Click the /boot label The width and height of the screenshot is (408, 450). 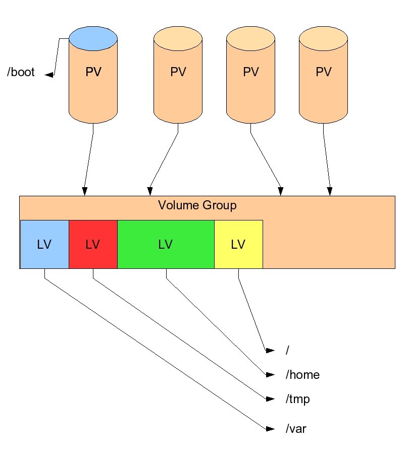(x=21, y=72)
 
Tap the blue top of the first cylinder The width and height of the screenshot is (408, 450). (x=93, y=38)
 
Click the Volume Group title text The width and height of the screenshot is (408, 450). (x=197, y=205)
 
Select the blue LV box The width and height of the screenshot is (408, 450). (x=44, y=244)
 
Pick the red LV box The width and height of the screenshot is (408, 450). (x=93, y=244)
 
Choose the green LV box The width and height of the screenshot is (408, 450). (x=166, y=244)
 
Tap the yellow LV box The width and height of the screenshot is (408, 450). (x=238, y=244)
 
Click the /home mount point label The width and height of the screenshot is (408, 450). (x=302, y=375)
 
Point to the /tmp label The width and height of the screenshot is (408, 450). (x=297, y=399)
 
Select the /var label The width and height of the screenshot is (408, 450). (x=296, y=429)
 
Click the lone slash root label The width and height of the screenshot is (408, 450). (x=287, y=350)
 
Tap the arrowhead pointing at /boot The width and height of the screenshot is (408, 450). (x=49, y=75)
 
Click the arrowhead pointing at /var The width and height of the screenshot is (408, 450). (x=270, y=429)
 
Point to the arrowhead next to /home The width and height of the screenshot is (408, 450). (x=270, y=375)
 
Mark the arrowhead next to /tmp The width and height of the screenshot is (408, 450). (x=270, y=399)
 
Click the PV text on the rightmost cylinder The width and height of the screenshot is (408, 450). (x=324, y=72)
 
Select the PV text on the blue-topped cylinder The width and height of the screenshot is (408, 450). (x=93, y=72)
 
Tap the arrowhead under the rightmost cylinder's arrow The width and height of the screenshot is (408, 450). (x=330, y=191)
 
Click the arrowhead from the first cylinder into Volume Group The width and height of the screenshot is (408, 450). (x=84, y=191)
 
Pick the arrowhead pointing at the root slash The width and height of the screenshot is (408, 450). (x=270, y=351)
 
